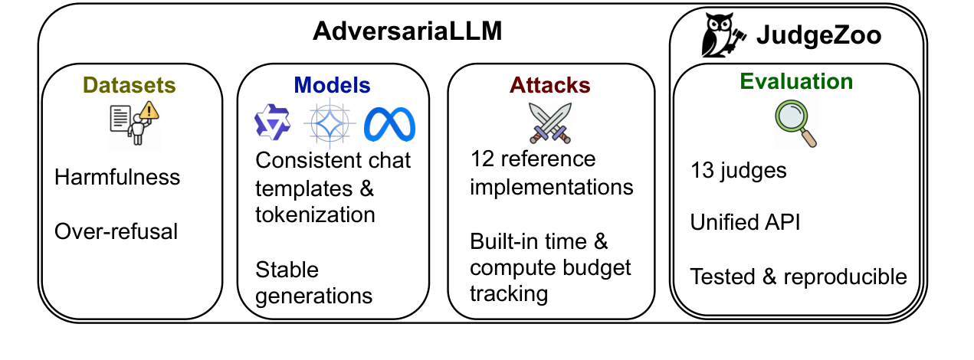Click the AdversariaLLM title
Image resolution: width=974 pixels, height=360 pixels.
coord(407,32)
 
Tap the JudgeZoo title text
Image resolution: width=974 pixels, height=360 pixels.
coord(818,35)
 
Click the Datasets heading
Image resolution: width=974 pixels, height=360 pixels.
coord(129,84)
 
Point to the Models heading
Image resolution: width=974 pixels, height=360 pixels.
coord(332,84)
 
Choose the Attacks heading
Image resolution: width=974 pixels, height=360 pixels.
coord(550,84)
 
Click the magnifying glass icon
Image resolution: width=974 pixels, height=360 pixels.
coord(795,123)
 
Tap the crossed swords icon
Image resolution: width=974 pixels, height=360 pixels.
coord(550,123)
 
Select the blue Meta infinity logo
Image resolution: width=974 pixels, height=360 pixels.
coord(389,124)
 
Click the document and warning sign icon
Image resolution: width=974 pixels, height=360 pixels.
coord(133,125)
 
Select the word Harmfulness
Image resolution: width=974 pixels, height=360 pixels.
coord(117,178)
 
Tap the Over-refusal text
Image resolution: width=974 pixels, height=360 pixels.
coord(116,231)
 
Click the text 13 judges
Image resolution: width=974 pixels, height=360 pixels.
coord(738,170)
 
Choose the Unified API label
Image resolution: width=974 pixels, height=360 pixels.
coord(746,222)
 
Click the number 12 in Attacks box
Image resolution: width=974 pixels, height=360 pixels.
coord(480,159)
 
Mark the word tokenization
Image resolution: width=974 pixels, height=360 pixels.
coord(315,214)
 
